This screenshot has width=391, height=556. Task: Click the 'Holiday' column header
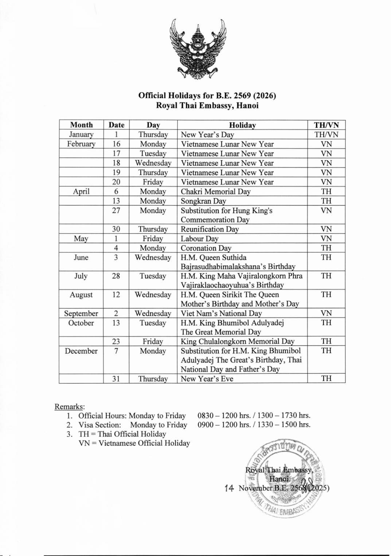coord(242,125)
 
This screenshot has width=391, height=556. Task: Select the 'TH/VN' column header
coord(326,125)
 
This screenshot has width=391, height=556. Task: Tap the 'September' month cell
coord(81,313)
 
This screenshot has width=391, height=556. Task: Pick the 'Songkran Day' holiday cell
coord(203,201)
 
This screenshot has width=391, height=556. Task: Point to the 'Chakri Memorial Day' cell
coord(215,192)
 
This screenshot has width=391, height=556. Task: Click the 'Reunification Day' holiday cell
coord(210,229)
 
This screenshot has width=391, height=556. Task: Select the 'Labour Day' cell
coord(199,239)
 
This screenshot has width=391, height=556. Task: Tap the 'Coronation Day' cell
coord(206,248)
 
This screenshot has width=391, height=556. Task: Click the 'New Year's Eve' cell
coord(207,379)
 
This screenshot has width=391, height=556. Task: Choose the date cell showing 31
coord(116,379)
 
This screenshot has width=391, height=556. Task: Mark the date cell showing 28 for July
coord(116,276)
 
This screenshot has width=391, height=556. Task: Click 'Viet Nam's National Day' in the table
coord(221,313)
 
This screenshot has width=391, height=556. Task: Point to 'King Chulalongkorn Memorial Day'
coord(237,341)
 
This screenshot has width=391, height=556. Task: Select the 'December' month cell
coord(81,351)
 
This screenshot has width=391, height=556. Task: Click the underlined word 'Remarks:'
coord(70,406)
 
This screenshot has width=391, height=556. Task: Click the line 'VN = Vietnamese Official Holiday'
coord(134,443)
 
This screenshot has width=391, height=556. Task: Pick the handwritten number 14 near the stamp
coord(229,488)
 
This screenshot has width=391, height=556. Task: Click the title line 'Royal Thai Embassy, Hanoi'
coord(207,105)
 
